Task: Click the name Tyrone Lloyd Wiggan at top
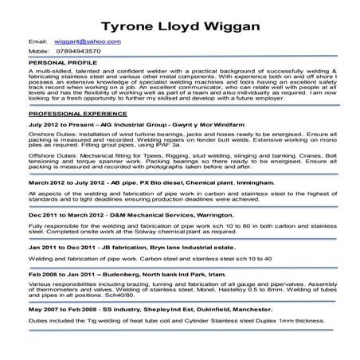179,18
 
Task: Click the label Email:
37,39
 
